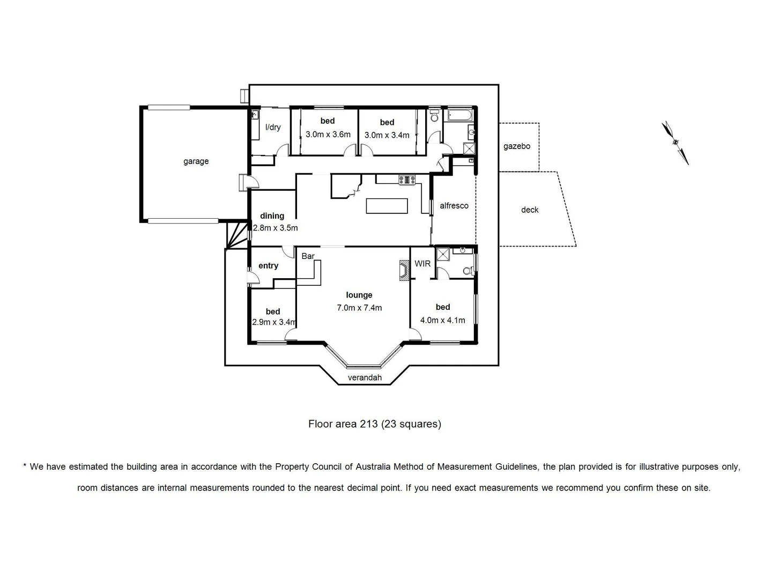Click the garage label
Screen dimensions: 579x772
pyautogui.click(x=196, y=161)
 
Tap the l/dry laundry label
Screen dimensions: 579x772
pyautogui.click(x=273, y=127)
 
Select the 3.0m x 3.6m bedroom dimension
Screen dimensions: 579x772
pyautogui.click(x=328, y=135)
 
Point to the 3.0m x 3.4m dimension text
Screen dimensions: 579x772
pyautogui.click(x=387, y=135)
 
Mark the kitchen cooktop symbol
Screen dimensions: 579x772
pyautogui.click(x=407, y=180)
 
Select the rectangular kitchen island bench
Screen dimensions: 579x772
pyautogui.click(x=387, y=206)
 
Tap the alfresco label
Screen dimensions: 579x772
pyautogui.click(x=454, y=206)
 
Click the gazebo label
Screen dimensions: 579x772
pyautogui.click(x=516, y=146)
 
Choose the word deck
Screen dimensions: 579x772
pyautogui.click(x=529, y=210)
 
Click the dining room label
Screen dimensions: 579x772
pyautogui.click(x=272, y=216)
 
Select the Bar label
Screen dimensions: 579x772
pyautogui.click(x=308, y=256)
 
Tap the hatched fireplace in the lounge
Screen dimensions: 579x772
pyautogui.click(x=404, y=270)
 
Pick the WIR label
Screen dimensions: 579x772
pyautogui.click(x=422, y=264)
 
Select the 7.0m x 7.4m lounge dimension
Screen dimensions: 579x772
pyautogui.click(x=359, y=308)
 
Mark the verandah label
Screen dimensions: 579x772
pyautogui.click(x=365, y=377)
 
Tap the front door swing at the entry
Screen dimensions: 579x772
pyautogui.click(x=253, y=277)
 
